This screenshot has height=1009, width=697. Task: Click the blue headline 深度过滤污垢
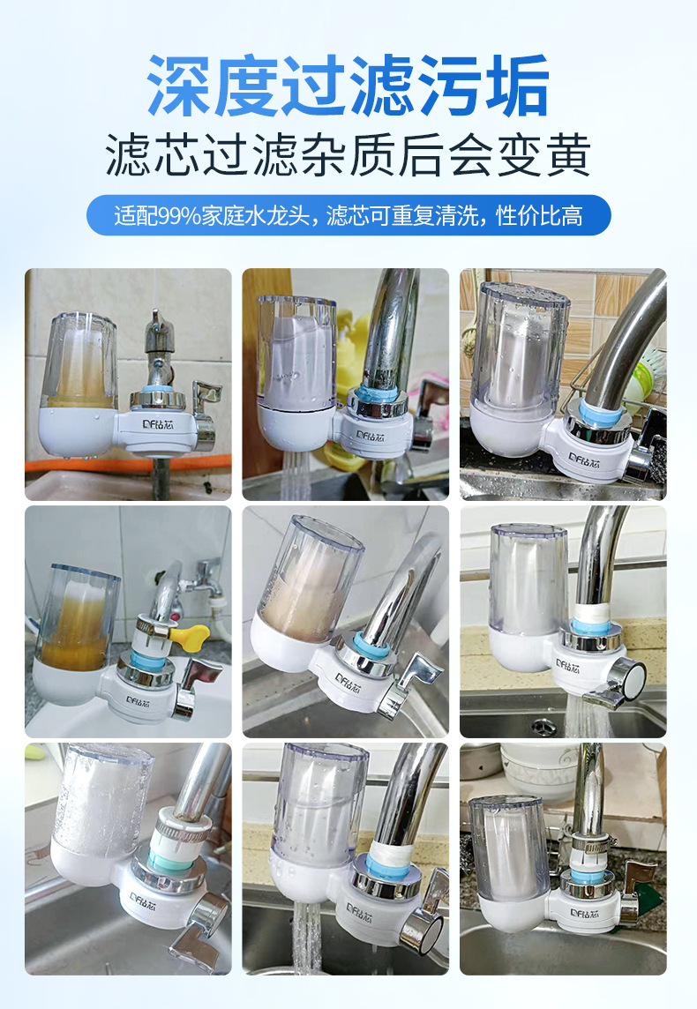point(348,85)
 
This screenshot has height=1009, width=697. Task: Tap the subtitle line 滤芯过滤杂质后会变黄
point(348,156)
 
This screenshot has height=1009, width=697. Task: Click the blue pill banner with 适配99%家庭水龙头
point(348,215)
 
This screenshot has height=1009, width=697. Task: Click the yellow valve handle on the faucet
point(191,635)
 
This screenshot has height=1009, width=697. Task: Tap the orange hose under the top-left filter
point(128,463)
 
